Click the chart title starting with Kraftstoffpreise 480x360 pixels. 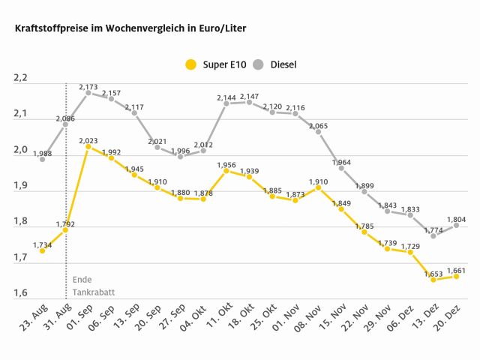click(125, 28)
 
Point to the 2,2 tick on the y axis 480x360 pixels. click(20, 78)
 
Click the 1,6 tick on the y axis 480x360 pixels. click(20, 293)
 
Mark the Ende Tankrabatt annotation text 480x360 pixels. click(94, 286)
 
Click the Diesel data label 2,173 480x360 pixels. click(88, 85)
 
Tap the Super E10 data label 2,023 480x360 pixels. click(88, 139)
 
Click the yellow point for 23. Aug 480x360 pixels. click(42, 250)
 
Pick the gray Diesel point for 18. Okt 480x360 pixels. click(250, 102)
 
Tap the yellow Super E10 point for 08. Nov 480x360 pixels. click(319, 187)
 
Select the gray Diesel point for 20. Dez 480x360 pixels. click(457, 225)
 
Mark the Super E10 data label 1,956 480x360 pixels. click(226, 164)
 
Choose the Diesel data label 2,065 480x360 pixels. click(319, 124)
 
